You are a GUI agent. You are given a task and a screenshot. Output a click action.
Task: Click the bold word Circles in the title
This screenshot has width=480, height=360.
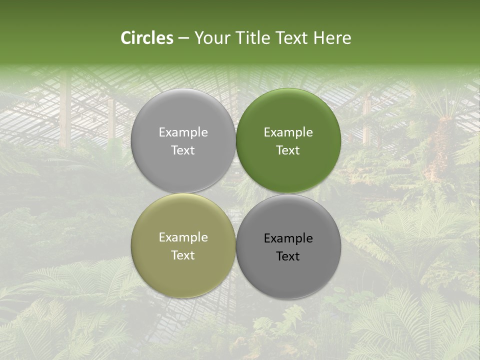147,38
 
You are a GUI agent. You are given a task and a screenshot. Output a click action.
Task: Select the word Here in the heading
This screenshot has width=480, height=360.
332,38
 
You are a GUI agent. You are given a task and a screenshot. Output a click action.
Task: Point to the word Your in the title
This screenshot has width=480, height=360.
212,38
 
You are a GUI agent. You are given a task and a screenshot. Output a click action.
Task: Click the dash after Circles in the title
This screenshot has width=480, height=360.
183,38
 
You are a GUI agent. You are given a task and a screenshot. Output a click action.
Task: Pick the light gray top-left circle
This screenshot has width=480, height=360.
183,140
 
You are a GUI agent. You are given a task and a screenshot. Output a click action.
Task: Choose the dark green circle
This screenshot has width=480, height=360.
288,140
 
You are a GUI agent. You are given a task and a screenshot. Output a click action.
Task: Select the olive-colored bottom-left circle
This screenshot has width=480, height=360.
183,245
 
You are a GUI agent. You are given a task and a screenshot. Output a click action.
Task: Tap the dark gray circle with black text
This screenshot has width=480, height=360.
288,246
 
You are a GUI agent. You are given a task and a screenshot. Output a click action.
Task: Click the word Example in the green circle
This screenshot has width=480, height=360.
288,132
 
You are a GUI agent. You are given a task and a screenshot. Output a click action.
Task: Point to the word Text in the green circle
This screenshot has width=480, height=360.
288,150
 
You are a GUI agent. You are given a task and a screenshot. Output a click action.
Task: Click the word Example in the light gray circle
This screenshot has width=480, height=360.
183,132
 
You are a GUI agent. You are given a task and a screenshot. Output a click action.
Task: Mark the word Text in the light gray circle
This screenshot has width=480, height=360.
183,150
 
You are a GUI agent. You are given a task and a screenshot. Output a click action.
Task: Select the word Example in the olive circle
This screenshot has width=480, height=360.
183,237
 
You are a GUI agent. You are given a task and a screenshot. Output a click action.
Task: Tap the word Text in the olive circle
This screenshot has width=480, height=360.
183,255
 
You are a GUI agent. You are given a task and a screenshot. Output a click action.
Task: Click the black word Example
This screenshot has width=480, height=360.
288,238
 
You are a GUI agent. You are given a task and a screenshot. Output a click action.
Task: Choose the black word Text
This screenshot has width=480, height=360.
288,256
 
